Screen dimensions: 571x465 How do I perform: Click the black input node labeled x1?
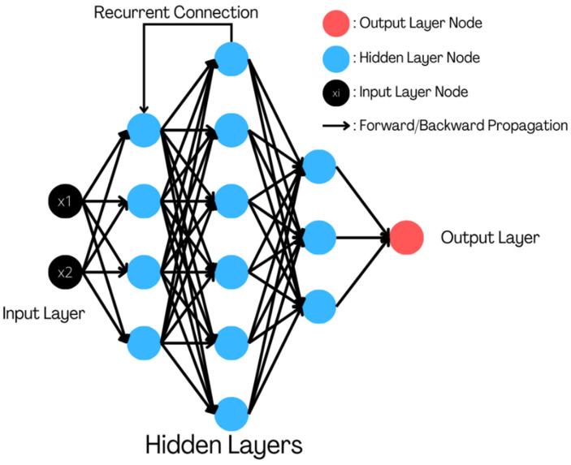[x=65, y=200]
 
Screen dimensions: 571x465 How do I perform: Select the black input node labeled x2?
[x=65, y=272]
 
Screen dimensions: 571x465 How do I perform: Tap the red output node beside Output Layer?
[x=406, y=238]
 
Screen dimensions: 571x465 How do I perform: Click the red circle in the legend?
[x=335, y=24]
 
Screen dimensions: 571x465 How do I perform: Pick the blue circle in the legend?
[x=335, y=58]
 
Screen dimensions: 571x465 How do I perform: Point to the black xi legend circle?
[x=335, y=93]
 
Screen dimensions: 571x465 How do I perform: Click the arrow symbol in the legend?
[x=335, y=126]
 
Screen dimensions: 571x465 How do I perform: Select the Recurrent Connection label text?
[x=176, y=12]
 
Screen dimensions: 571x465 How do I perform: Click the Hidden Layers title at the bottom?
[x=224, y=445]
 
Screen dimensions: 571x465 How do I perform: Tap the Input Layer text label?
[x=43, y=313]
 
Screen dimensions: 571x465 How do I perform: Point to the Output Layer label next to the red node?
[x=490, y=238]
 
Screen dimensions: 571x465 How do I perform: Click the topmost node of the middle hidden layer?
[x=231, y=59]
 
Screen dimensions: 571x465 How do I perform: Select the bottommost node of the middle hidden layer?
[x=231, y=414]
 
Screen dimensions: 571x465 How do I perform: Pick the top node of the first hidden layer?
[x=144, y=130]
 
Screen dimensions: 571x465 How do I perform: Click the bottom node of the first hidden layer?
[x=144, y=343]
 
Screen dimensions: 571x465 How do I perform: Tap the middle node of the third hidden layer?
[x=319, y=238]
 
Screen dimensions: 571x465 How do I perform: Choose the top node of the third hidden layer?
[x=319, y=166]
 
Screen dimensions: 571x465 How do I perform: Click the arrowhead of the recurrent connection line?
[x=144, y=109]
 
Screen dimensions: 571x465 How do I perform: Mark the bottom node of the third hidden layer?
[x=319, y=307]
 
